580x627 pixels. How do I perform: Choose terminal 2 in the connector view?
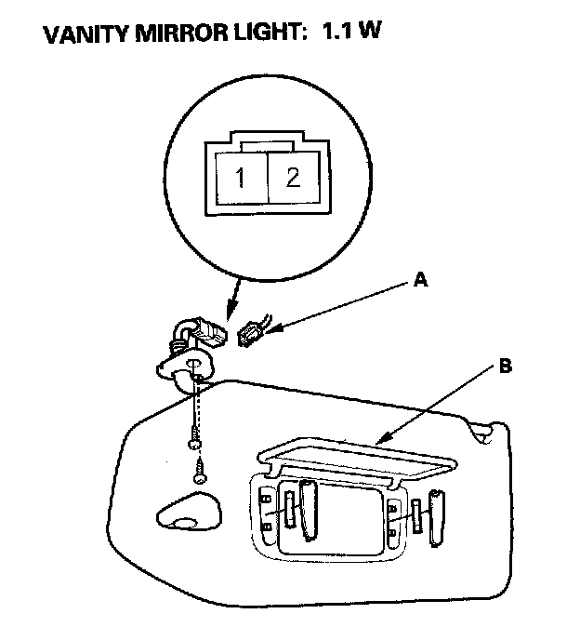(293, 178)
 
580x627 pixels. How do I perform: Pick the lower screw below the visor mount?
(200, 472)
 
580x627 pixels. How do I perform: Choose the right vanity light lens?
(416, 514)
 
